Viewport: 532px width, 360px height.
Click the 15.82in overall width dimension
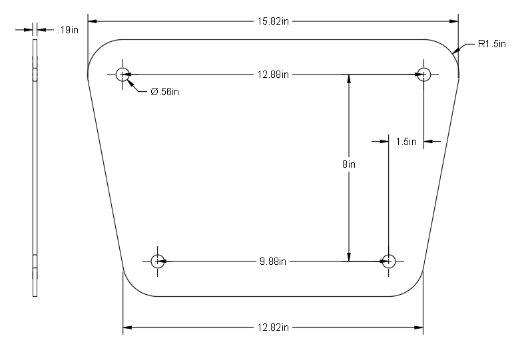pos(273,21)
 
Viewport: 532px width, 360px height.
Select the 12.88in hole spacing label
pos(273,74)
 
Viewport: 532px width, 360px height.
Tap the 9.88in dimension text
pos(273,260)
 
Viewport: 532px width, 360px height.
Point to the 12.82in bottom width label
pos(273,327)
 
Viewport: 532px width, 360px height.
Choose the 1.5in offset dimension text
pos(405,141)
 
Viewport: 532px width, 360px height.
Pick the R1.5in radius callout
pos(492,44)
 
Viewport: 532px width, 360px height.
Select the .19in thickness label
pos(69,29)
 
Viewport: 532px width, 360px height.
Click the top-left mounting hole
pos(123,74)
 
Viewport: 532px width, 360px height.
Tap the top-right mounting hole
pos(423,74)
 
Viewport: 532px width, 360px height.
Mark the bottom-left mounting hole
pos(158,260)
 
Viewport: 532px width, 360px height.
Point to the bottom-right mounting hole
pos(389,260)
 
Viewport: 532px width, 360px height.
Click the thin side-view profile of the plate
pos(35,166)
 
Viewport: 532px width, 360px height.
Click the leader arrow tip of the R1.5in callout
pos(454,52)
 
